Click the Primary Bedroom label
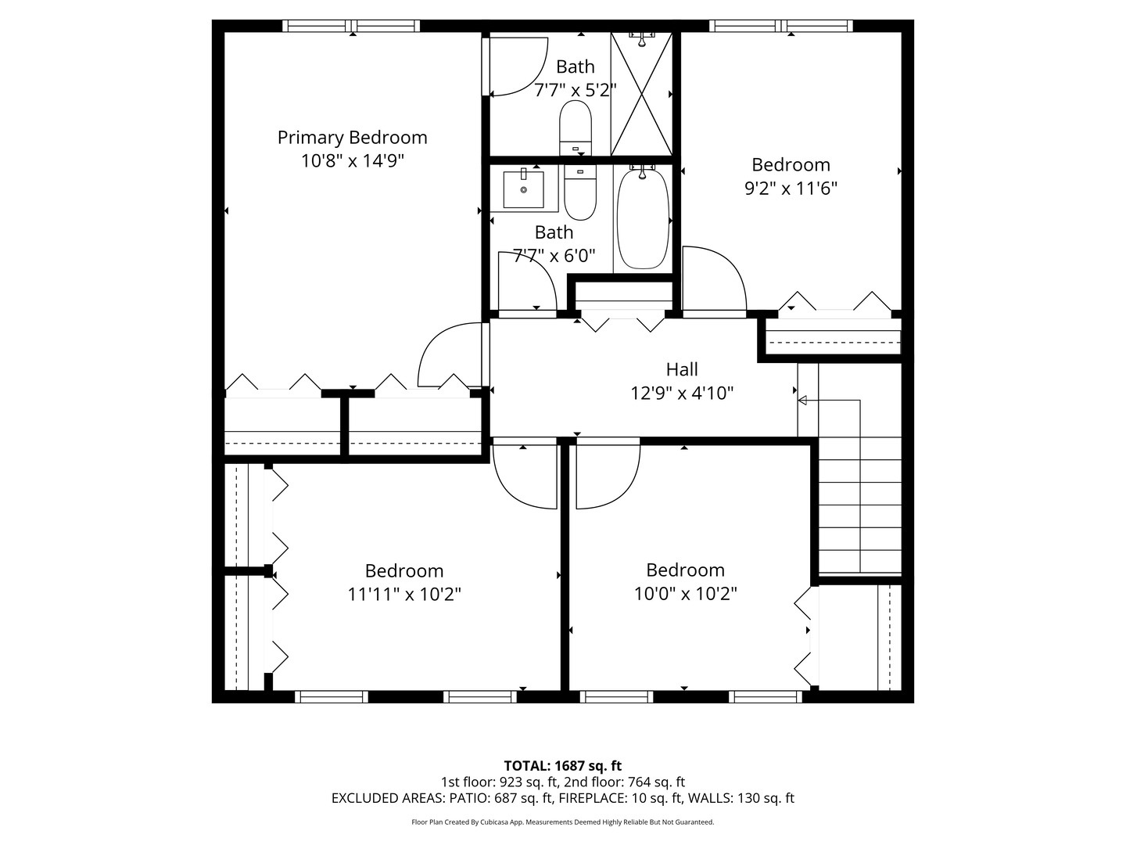click(352, 138)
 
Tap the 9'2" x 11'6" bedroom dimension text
click(791, 189)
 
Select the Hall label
click(682, 369)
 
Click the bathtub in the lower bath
click(643, 218)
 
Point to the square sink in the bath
click(523, 189)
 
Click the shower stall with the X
click(642, 94)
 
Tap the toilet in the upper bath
click(575, 128)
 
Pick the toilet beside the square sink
click(580, 192)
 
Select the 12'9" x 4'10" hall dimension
click(682, 394)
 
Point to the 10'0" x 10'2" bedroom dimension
click(685, 594)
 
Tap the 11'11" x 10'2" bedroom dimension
click(404, 595)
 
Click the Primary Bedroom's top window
click(351, 26)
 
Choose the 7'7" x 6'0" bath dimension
click(554, 256)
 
